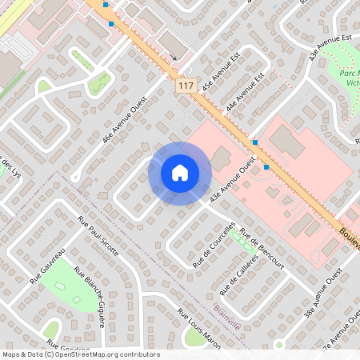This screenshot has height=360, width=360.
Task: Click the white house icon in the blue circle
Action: click(179, 173)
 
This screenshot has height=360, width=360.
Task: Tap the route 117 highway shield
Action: click(186, 86)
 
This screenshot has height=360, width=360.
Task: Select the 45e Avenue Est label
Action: click(219, 74)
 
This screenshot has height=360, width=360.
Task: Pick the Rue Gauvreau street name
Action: click(47, 269)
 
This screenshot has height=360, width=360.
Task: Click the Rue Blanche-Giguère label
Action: click(90, 297)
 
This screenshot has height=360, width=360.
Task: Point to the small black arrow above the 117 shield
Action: click(173, 58)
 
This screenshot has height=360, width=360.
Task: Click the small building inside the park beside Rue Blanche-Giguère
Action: click(77, 301)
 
